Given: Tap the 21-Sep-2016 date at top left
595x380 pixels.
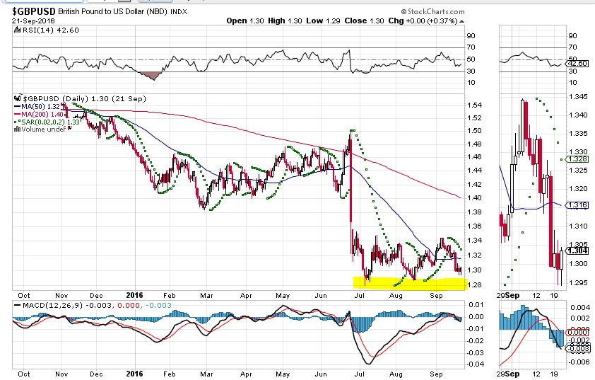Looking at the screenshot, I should (x=33, y=21).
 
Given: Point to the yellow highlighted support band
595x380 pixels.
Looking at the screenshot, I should (x=408, y=283).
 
